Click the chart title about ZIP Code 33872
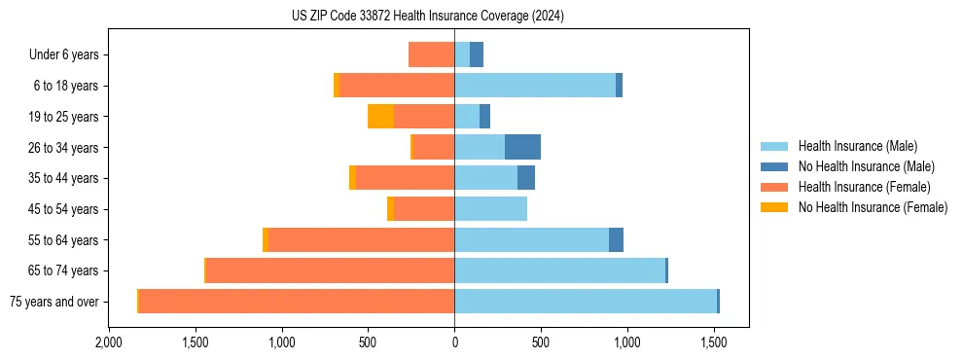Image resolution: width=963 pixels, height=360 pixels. click(x=427, y=16)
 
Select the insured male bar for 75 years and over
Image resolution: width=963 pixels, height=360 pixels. click(x=585, y=302)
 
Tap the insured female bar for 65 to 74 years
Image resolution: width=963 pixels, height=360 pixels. click(x=330, y=270)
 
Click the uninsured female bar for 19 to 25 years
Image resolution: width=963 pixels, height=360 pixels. click(x=380, y=117)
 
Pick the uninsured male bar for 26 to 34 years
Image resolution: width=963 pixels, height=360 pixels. click(x=522, y=147)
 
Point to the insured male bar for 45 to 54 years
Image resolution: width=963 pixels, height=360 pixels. click(x=490, y=209)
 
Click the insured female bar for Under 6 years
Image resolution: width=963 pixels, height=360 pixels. click(x=431, y=54)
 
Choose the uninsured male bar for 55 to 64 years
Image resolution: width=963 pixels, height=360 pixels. click(x=616, y=239)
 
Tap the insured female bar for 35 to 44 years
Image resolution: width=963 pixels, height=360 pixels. click(x=405, y=178)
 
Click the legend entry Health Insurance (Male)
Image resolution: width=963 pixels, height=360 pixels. click(x=856, y=147)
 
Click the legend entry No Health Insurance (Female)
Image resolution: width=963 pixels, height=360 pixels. click(x=873, y=207)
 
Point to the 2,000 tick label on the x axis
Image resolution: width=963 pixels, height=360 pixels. click(x=108, y=343)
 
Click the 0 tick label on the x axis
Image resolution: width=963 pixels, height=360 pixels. click(x=454, y=343)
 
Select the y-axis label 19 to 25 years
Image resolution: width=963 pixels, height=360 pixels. click(x=63, y=117)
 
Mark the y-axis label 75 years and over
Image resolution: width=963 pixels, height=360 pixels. click(x=53, y=302)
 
